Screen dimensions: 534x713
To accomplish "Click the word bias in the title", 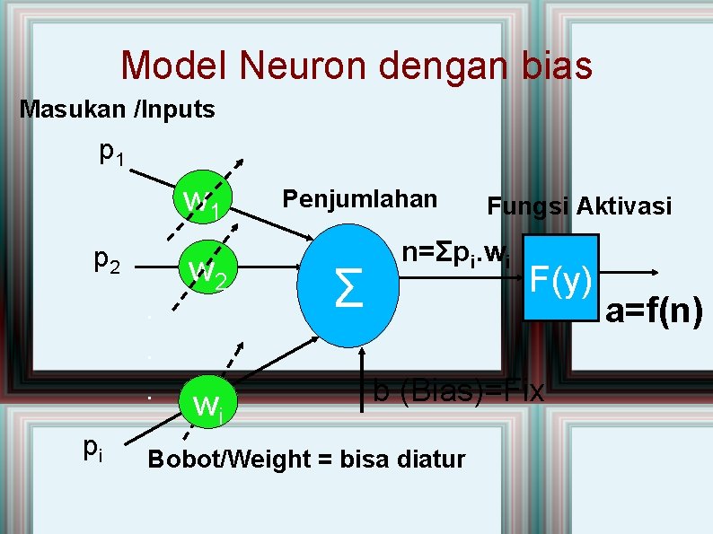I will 547,66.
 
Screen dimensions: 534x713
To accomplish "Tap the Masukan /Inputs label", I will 118,110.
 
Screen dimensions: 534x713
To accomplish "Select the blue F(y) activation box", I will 561,277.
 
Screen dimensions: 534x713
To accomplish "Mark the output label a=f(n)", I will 654,312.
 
